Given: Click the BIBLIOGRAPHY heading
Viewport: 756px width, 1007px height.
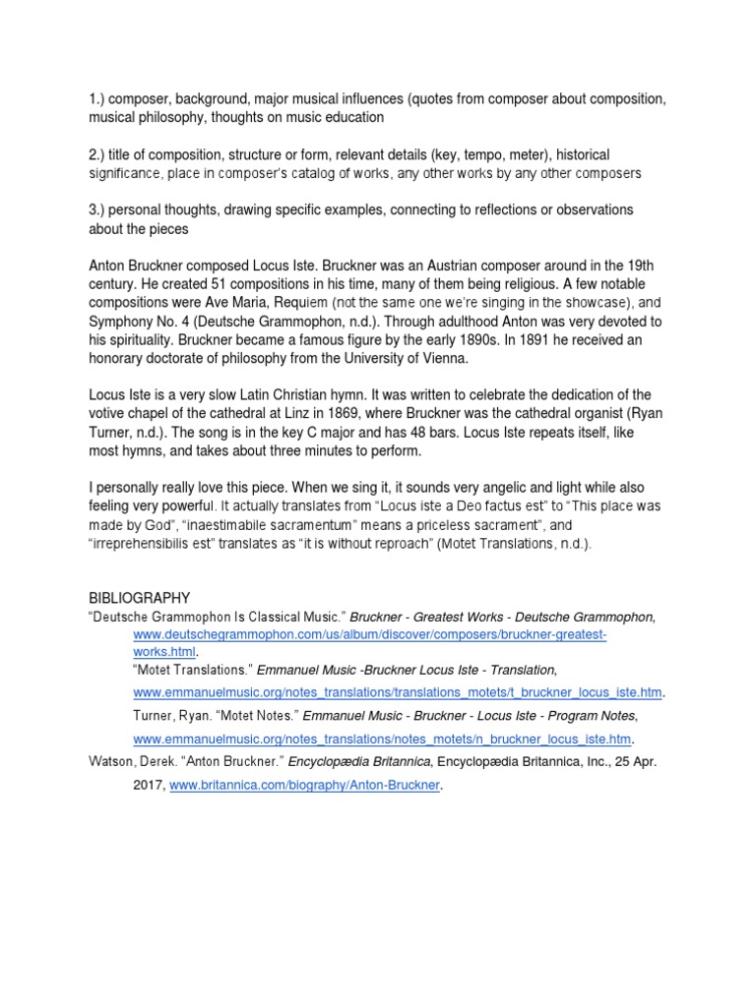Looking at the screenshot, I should [x=139, y=597].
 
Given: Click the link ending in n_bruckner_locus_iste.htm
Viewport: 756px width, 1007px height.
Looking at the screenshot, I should [x=382, y=739].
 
